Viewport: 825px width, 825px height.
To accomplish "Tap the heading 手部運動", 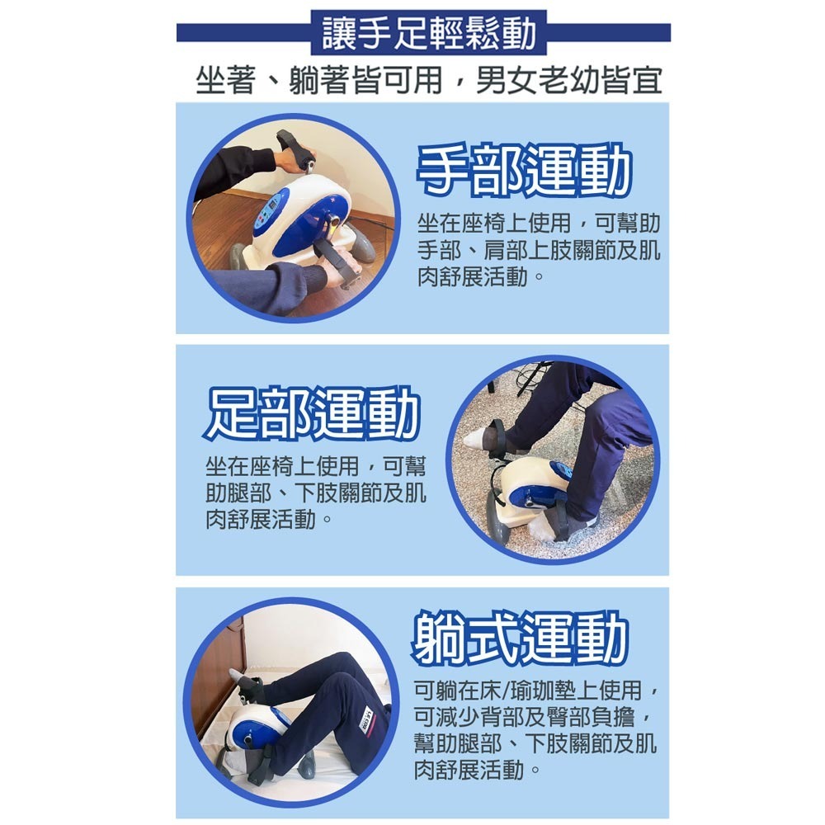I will [x=523, y=172].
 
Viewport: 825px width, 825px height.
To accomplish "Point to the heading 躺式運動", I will [x=521, y=639].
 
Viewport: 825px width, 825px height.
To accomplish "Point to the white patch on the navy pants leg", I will [x=369, y=717].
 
